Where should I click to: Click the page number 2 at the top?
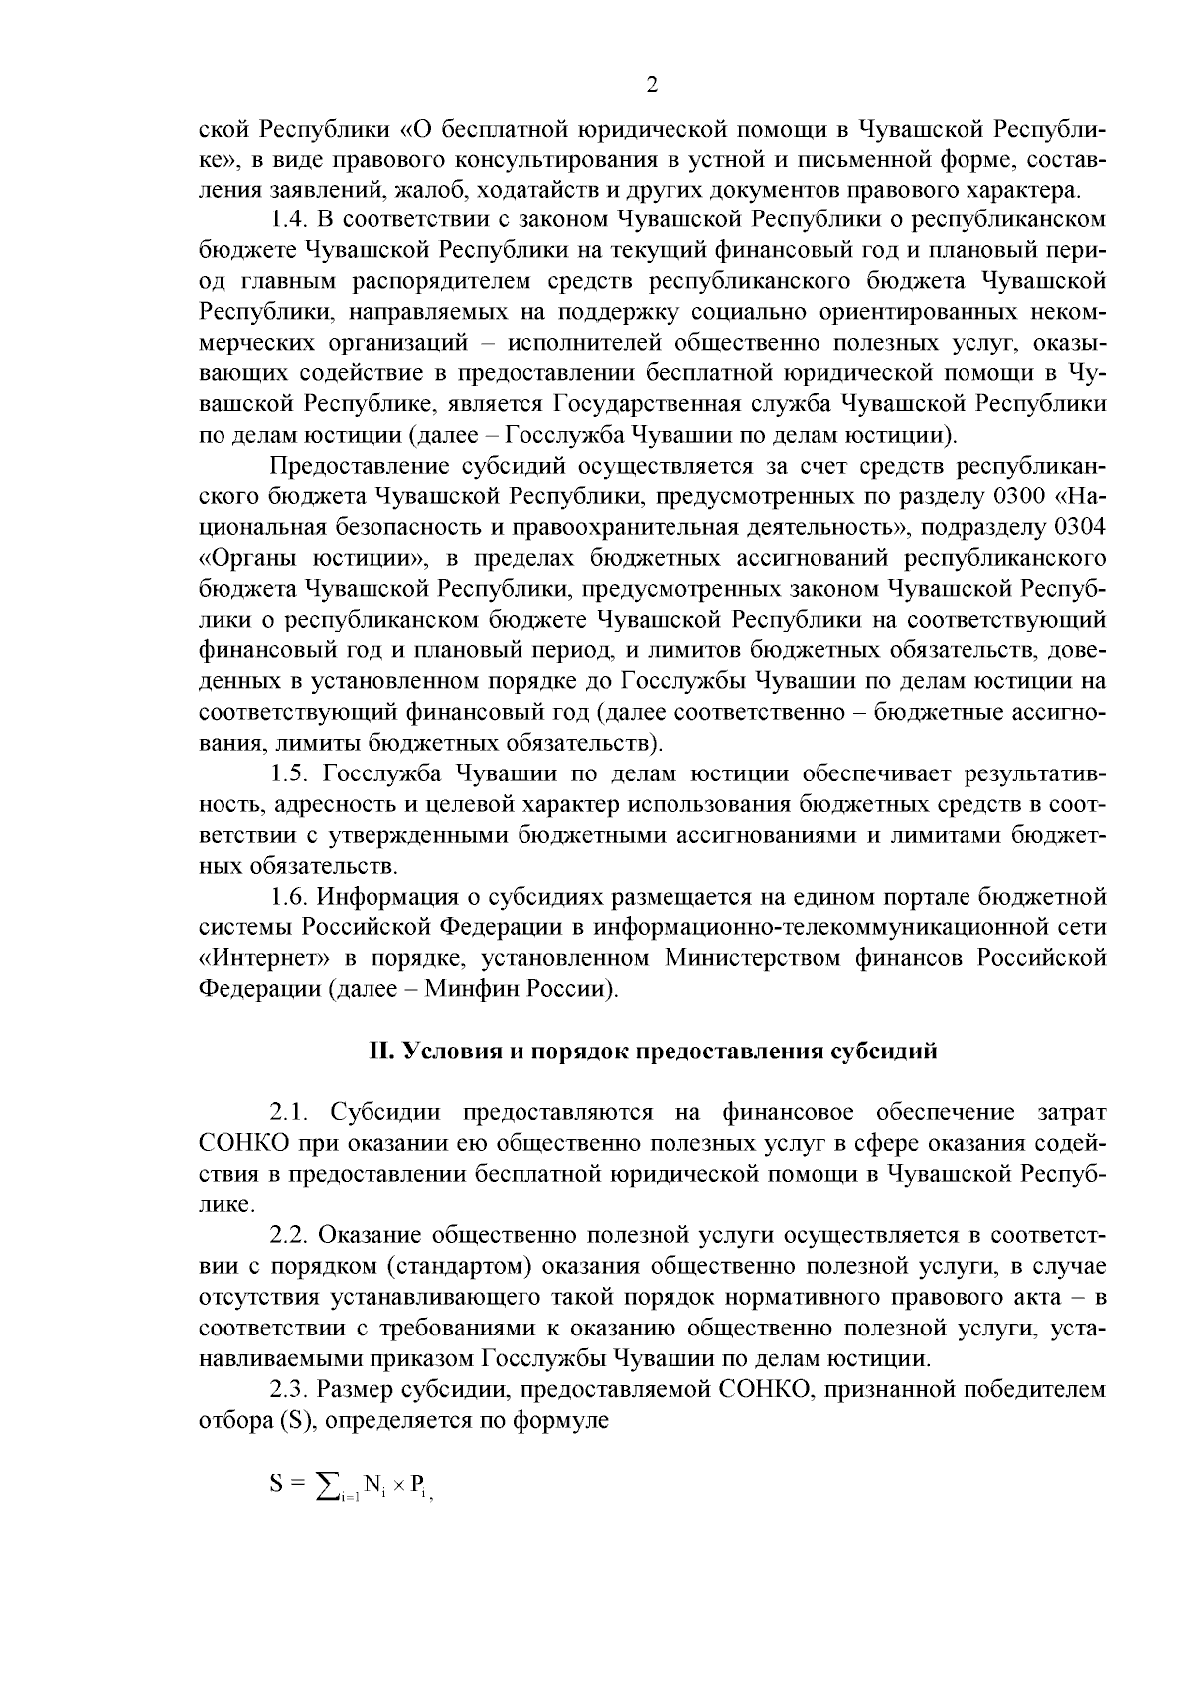[652, 85]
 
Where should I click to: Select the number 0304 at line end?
[1079, 526]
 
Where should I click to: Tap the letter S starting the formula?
[277, 1485]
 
